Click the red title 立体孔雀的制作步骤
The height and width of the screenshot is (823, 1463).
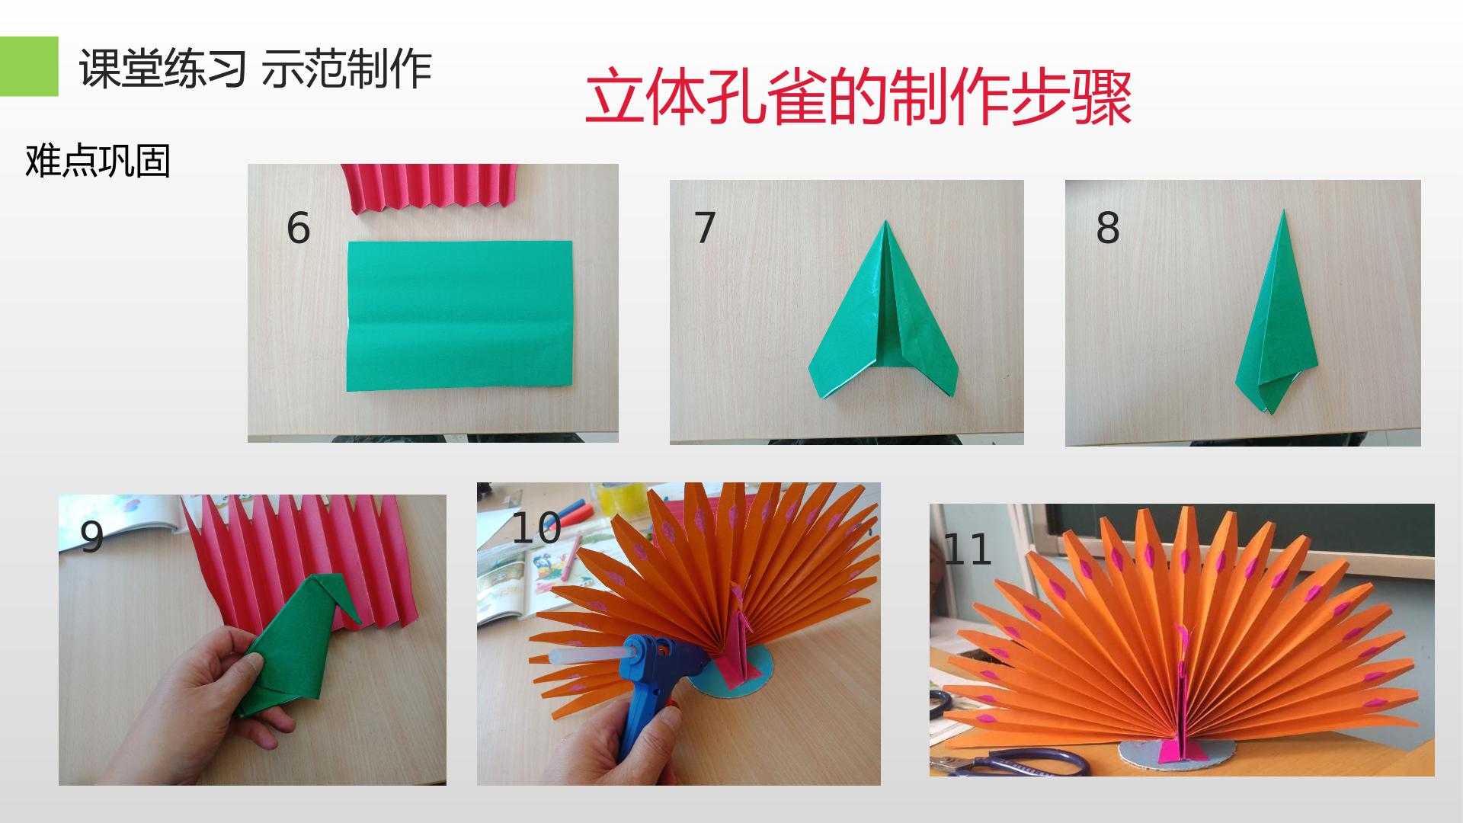point(859,98)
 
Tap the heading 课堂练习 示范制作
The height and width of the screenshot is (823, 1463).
point(255,69)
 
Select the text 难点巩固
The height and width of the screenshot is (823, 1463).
point(98,161)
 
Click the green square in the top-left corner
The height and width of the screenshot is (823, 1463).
point(29,66)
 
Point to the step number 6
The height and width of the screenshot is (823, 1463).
point(298,227)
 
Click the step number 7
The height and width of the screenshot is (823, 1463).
point(705,227)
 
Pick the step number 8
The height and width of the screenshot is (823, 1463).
point(1108,227)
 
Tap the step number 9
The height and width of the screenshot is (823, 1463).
point(92,537)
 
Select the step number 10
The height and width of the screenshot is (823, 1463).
point(536,528)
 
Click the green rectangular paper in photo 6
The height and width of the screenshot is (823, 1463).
point(459,315)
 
